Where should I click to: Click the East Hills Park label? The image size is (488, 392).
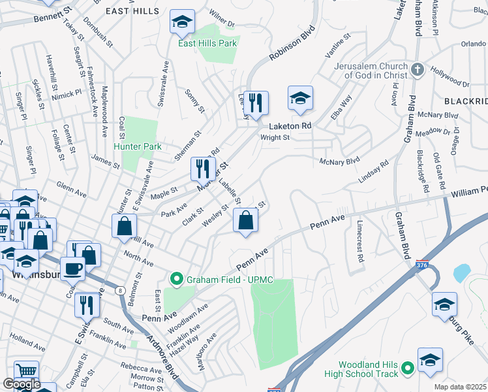pyautogui.click(x=208, y=43)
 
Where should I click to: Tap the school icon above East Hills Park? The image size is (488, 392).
pyautogui.click(x=183, y=23)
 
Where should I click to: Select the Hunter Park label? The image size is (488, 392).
pyautogui.click(x=139, y=147)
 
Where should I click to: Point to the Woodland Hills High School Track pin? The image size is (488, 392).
pyautogui.click(x=409, y=369)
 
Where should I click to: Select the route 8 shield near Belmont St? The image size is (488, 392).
pyautogui.click(x=119, y=291)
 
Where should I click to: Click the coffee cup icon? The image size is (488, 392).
pyautogui.click(x=72, y=268)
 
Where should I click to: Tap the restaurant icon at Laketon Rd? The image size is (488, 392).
pyautogui.click(x=256, y=102)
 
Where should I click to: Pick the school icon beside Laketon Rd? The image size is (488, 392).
pyautogui.click(x=300, y=99)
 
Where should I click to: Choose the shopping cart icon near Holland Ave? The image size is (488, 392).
pyautogui.click(x=26, y=371)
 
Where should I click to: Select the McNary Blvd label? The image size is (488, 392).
pyautogui.click(x=339, y=160)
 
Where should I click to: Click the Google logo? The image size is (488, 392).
pyautogui.click(x=22, y=384)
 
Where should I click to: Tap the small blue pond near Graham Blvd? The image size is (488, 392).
pyautogui.click(x=461, y=272)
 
